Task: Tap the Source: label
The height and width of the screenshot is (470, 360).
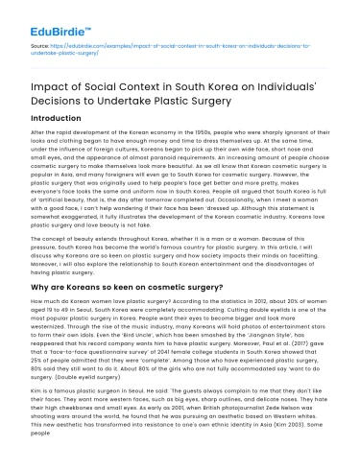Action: (39, 44)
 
